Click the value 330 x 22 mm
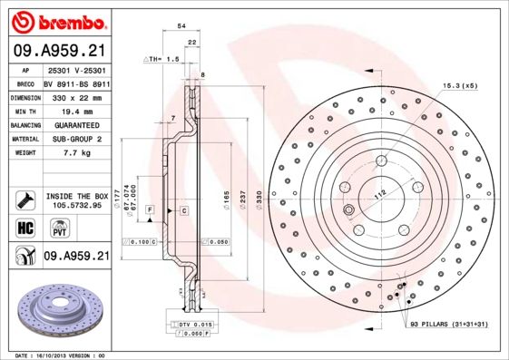click(74, 94)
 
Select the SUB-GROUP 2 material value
click(73, 139)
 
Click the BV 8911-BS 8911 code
click(76, 81)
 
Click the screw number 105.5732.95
click(76, 204)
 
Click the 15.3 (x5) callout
click(459, 85)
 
